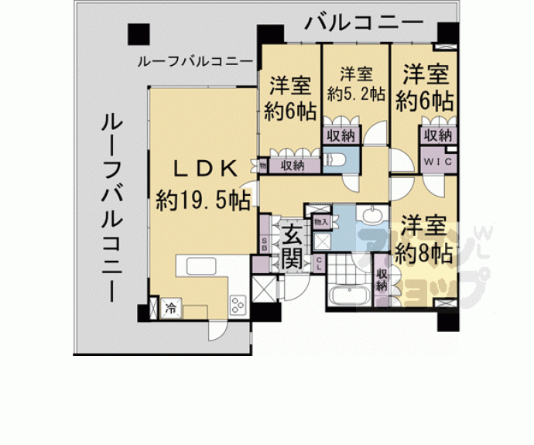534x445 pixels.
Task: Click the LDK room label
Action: pyautogui.click(x=202, y=168)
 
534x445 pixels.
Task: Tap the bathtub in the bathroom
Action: pyautogui.click(x=351, y=296)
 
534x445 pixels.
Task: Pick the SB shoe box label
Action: pyautogui.click(x=265, y=245)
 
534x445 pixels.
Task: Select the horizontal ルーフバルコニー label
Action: pyautogui.click(x=194, y=61)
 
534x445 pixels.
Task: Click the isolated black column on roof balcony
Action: pyautogui.click(x=139, y=34)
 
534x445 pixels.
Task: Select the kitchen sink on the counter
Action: pyautogui.click(x=199, y=263)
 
